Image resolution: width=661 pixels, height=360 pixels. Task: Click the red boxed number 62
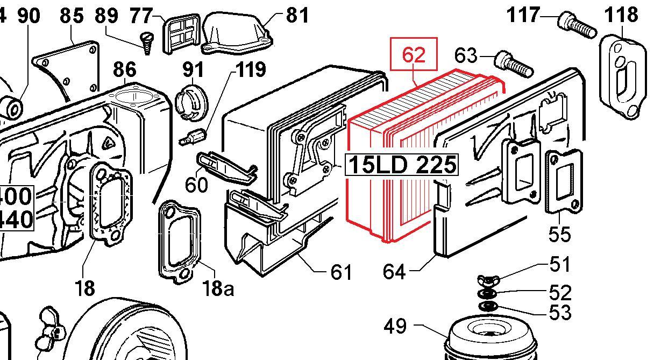tap(413, 55)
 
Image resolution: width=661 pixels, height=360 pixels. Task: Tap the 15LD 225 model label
tap(402, 165)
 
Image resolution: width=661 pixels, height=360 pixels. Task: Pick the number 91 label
tap(193, 70)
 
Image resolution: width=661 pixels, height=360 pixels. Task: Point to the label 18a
tap(218, 288)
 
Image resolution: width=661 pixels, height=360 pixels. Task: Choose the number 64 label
tap(395, 271)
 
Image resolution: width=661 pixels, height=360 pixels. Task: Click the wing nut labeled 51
tap(486, 281)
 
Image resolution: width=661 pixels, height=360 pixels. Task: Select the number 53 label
tap(559, 312)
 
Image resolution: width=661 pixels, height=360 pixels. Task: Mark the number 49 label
tap(396, 326)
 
